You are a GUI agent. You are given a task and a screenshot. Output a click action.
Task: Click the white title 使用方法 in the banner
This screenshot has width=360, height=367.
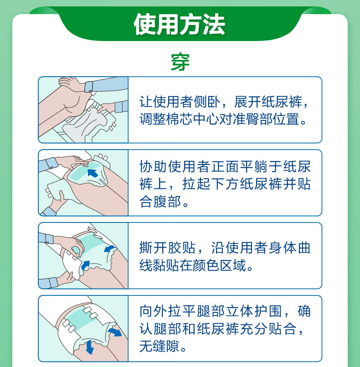(179, 24)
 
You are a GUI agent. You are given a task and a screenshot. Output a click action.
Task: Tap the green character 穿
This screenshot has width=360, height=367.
(180, 62)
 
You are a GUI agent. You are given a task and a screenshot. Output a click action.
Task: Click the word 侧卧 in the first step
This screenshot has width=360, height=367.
(207, 102)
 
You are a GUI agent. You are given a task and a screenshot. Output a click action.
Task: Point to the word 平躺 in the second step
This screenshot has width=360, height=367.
(254, 166)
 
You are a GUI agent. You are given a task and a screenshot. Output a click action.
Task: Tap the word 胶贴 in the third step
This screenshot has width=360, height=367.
(181, 248)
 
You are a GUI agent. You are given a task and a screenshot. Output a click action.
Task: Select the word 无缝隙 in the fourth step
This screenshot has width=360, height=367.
(159, 346)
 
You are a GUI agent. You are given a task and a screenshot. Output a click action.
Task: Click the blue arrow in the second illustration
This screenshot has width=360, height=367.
(93, 173)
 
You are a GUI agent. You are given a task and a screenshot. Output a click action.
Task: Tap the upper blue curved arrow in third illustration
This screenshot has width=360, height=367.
(109, 249)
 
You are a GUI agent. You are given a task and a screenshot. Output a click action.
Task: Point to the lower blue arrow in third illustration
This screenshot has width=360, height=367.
(85, 265)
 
